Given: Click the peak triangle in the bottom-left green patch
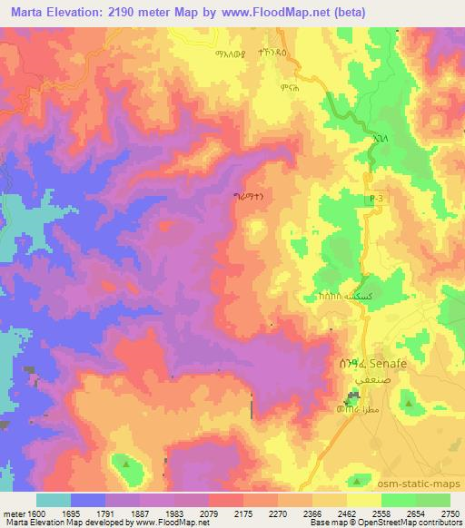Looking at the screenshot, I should pyautogui.click(x=125, y=464).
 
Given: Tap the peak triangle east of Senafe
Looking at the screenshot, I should pyautogui.click(x=408, y=401).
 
